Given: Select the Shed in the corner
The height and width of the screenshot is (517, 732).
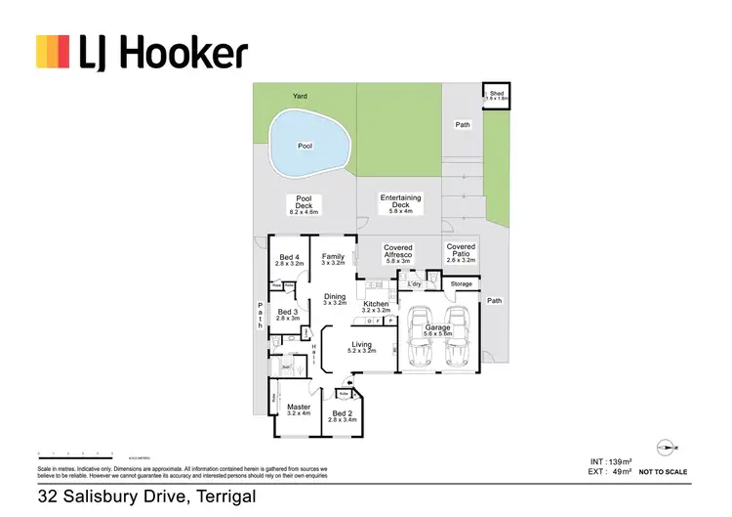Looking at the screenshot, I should pos(498,96).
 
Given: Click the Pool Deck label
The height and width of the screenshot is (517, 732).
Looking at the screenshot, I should pos(304,204).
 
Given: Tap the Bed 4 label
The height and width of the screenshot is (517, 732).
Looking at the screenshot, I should pos(290,259).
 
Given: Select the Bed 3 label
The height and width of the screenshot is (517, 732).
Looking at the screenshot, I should pos(288,315).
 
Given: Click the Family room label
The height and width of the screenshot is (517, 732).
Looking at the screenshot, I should pos(334,259).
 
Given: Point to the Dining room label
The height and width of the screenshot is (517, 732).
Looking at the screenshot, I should pos(335,300).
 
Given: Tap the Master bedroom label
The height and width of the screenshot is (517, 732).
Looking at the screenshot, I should pos(299,409).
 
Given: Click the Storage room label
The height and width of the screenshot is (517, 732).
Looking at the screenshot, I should pos(462,284).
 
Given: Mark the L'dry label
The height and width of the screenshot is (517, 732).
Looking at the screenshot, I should pos(414,284).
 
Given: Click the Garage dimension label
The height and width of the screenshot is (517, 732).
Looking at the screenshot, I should pos(437,334).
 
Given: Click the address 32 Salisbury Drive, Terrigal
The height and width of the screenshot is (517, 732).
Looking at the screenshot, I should pos(146,496).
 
